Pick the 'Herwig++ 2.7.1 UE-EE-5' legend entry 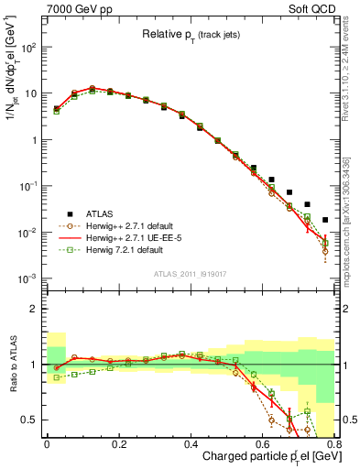click(124, 236)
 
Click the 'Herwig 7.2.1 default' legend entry click(119, 249)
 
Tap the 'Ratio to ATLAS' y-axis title click(12, 366)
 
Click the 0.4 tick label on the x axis click(191, 444)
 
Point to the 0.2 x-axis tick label click(118, 444)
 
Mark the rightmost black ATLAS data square click(325, 220)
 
